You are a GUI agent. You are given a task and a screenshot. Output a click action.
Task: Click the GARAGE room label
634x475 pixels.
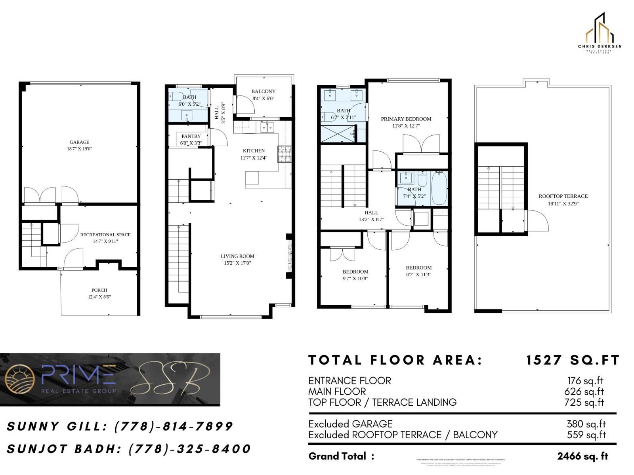(79, 142)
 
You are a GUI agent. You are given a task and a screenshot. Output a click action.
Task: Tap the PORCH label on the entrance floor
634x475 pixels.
(99, 290)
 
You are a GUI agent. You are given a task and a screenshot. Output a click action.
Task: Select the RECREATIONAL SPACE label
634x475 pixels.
(105, 235)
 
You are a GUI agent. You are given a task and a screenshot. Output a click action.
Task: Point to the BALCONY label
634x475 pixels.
(264, 91)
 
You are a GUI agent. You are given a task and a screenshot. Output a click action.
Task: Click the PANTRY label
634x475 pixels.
(191, 136)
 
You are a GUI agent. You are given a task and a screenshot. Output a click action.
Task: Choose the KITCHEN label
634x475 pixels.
(254, 151)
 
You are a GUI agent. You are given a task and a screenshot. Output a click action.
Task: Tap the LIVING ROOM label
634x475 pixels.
(237, 256)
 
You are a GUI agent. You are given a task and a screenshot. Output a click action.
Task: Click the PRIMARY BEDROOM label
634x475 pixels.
(406, 119)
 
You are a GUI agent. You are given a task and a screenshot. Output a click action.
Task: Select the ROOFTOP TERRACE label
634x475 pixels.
(563, 196)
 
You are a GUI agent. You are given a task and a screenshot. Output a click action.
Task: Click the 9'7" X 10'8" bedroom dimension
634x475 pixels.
(355, 278)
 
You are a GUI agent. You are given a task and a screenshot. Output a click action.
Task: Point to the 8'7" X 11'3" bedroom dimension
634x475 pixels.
(418, 274)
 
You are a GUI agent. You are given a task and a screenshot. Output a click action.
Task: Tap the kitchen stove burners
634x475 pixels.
(284, 154)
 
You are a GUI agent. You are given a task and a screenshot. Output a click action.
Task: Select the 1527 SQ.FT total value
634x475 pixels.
(573, 360)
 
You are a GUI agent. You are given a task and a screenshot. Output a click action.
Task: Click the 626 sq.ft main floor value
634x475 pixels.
(584, 391)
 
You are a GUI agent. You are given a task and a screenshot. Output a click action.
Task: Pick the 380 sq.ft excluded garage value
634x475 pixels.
(586, 424)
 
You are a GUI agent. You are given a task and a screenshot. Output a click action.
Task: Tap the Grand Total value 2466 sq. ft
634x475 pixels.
(582, 456)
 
